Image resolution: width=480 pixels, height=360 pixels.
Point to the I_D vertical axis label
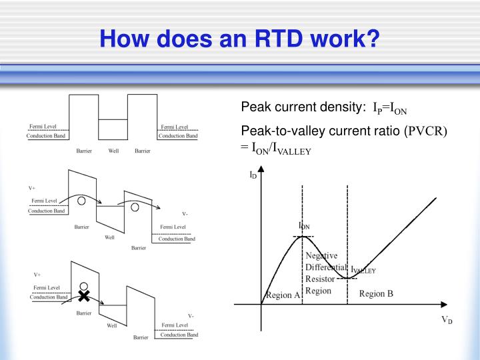click(253, 176)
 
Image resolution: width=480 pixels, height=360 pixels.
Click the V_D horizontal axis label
click(447, 320)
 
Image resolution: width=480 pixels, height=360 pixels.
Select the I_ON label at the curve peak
click(303, 226)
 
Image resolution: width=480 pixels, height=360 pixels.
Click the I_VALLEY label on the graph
click(363, 271)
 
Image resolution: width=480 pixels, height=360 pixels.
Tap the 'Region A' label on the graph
click(283, 295)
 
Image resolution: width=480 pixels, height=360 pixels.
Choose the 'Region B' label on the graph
click(376, 294)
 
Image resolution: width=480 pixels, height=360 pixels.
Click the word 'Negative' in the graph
click(321, 255)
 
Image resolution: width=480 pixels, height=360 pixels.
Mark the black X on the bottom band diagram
click(83, 295)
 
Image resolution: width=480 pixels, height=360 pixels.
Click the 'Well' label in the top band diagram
click(113, 151)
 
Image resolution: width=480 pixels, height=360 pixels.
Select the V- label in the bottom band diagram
click(191, 316)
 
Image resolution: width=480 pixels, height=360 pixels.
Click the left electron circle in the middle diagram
click(80, 201)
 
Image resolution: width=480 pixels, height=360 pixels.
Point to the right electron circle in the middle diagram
click(135, 207)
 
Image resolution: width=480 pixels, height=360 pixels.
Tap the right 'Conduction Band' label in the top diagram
click(178, 136)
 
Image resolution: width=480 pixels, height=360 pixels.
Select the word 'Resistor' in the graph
click(319, 279)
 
